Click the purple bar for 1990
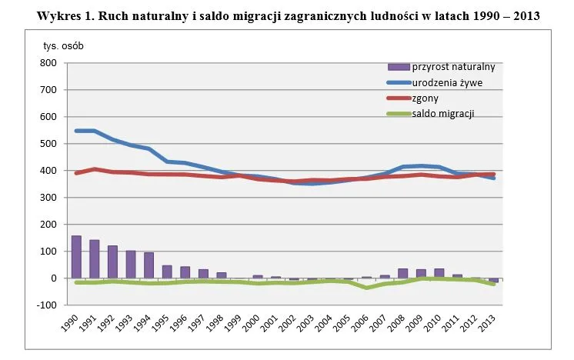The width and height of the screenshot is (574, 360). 76,257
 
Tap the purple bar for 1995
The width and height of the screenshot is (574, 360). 167,272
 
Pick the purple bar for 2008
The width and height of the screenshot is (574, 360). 403,273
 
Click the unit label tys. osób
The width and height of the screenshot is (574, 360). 63,45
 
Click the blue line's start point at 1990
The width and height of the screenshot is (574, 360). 76,131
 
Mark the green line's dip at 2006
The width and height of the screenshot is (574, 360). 367,287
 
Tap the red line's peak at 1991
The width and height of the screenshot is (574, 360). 95,169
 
